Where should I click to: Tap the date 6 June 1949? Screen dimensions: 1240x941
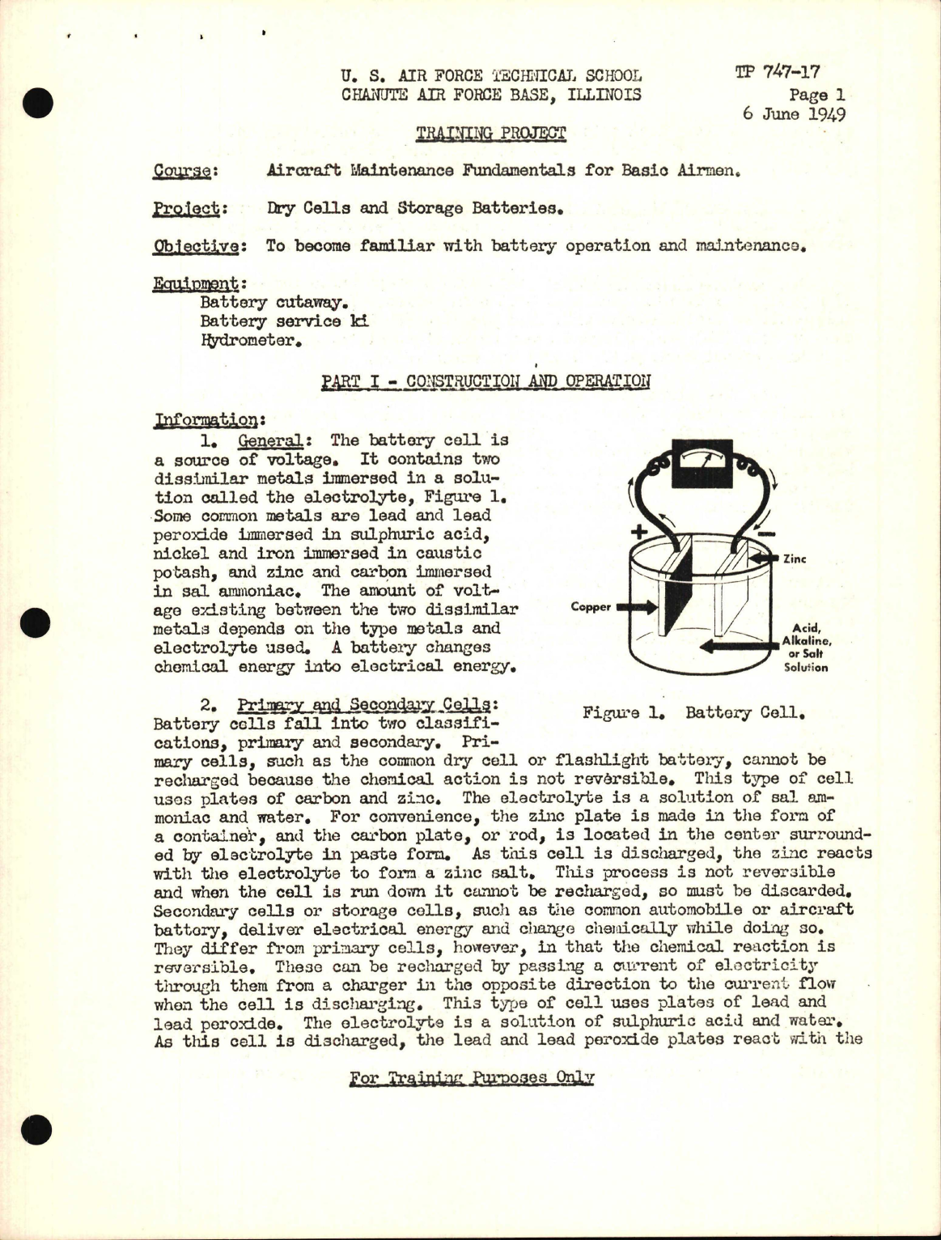tap(794, 113)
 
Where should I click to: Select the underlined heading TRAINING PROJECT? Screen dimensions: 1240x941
tap(490, 133)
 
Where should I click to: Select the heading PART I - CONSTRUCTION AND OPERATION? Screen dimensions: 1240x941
tap(485, 381)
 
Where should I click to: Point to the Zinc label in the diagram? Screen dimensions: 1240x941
tap(795, 558)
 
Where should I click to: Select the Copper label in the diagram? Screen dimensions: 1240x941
tap(591, 606)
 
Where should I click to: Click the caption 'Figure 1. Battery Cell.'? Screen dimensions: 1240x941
tap(695, 714)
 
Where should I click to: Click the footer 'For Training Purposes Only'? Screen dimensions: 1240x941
tap(472, 1078)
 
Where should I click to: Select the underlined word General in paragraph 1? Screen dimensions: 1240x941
tap(268, 441)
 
